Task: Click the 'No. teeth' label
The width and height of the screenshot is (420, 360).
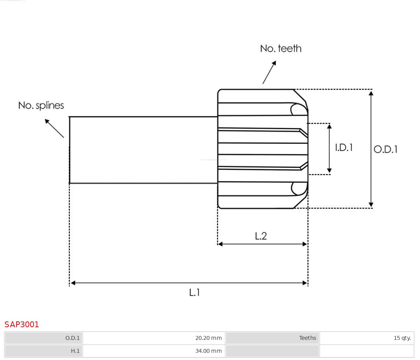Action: point(281,48)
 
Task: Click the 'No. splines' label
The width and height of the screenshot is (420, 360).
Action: point(41,106)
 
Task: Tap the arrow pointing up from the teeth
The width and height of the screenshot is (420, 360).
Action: point(269,72)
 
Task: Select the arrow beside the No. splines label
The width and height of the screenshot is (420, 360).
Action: point(54,128)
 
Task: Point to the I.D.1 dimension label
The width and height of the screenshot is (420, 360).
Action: point(344,147)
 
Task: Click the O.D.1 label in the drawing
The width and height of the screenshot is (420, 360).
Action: point(385,149)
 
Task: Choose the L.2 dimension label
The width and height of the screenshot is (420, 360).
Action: point(261,236)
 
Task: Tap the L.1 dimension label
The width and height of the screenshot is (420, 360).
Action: point(195,293)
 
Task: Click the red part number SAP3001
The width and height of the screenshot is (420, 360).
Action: point(22,325)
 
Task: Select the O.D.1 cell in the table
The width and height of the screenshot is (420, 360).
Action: point(72,338)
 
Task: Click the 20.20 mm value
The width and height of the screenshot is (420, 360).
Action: point(208,338)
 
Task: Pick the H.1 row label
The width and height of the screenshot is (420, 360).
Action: point(75,351)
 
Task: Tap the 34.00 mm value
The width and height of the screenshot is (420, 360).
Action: point(208,351)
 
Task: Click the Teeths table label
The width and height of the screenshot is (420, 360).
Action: point(307,338)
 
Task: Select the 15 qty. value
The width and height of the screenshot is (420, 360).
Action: point(402,338)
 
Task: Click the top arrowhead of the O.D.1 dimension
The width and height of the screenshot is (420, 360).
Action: point(371,93)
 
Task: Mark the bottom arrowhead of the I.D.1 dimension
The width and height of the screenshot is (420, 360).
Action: point(329,171)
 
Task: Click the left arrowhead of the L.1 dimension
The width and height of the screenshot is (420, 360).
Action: point(73,283)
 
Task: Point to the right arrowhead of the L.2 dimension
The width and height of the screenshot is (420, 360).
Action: point(305,244)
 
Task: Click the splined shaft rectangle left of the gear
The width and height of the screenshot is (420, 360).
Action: point(143,150)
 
